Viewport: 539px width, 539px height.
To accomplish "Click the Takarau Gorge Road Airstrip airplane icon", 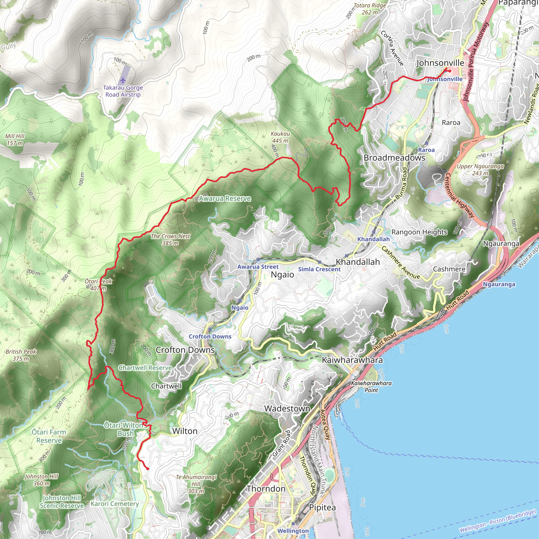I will click(122, 80).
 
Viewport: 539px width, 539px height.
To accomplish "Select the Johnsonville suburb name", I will click(440, 63).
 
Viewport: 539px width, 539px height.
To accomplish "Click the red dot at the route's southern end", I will click(148, 469).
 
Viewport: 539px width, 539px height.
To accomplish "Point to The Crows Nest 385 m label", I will click(170, 239).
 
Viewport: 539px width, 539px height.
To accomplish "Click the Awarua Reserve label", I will click(224, 199).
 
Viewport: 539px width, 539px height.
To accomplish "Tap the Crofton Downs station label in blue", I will click(210, 336).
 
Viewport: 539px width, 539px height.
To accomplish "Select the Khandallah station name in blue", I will click(373, 239).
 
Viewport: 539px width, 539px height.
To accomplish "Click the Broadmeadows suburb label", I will click(394, 158).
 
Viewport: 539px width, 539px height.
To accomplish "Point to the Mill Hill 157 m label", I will click(15, 139).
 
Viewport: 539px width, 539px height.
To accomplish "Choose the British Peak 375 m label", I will click(21, 355).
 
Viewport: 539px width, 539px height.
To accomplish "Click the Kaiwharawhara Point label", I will click(371, 387).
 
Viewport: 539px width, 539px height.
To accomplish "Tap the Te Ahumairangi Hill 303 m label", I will click(196, 484).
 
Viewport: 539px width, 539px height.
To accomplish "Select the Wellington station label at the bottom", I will click(293, 531).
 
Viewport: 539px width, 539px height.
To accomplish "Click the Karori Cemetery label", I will click(115, 504).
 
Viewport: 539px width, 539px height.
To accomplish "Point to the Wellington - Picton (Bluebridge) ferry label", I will click(497, 521).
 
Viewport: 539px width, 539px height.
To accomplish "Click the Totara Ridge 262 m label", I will click(370, 9).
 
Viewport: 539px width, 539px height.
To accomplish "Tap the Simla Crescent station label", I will click(319, 269).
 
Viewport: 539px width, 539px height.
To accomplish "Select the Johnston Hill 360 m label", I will click(42, 480).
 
